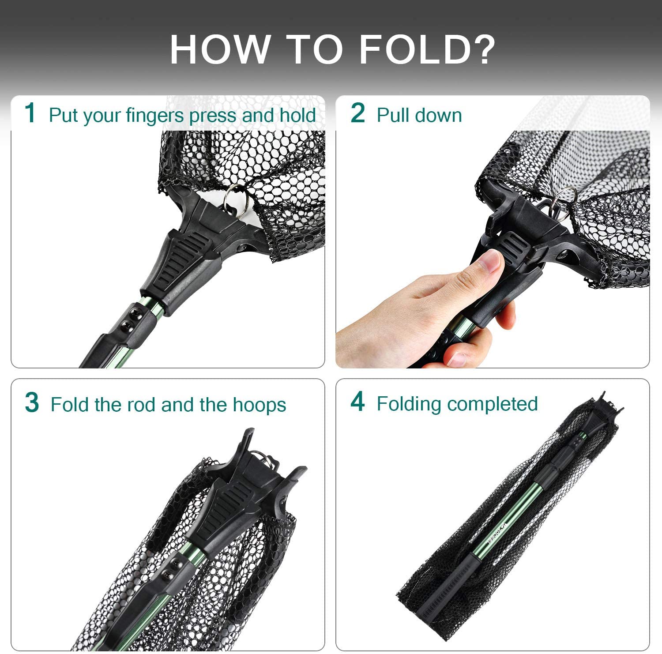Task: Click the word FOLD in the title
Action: (x=416, y=49)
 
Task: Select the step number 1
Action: (x=30, y=113)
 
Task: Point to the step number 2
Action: (x=358, y=113)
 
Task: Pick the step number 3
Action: (x=32, y=402)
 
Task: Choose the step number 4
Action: (x=358, y=402)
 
